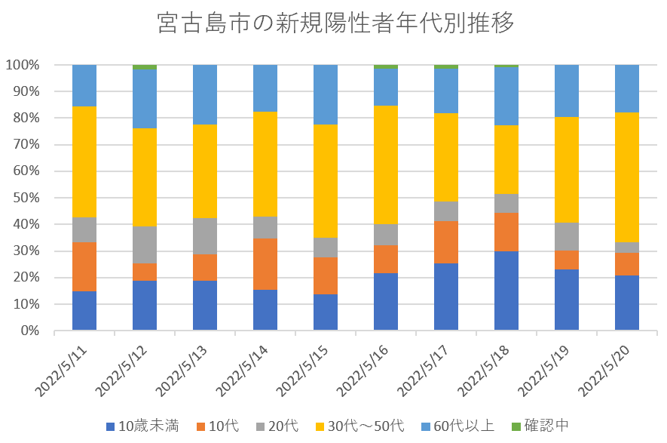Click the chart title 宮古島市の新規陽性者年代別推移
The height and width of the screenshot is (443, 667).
coord(336,23)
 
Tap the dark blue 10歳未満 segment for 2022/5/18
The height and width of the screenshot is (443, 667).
coord(506,291)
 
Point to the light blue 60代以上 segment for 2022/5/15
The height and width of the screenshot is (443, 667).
coord(326,94)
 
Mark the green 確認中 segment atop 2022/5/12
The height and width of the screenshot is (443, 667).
coord(145,67)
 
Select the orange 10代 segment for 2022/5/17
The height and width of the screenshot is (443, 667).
coord(446,242)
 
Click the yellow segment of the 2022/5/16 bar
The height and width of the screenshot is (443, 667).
coord(386,165)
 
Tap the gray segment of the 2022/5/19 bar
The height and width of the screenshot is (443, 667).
coord(567,236)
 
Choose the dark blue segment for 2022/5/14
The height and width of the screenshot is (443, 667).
coord(265,310)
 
